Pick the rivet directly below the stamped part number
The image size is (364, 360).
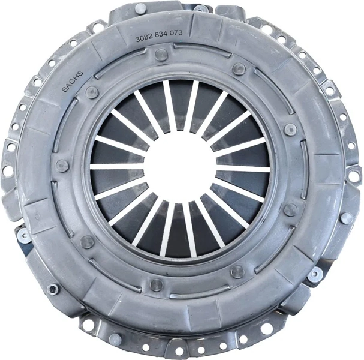click(160, 54)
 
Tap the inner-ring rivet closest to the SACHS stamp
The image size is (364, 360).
click(92, 92)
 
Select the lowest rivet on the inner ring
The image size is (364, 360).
click(157, 284)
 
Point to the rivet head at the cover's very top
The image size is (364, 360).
click(140, 9)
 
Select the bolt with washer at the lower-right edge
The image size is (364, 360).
click(314, 275)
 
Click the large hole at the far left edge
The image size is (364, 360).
click(8, 171)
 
